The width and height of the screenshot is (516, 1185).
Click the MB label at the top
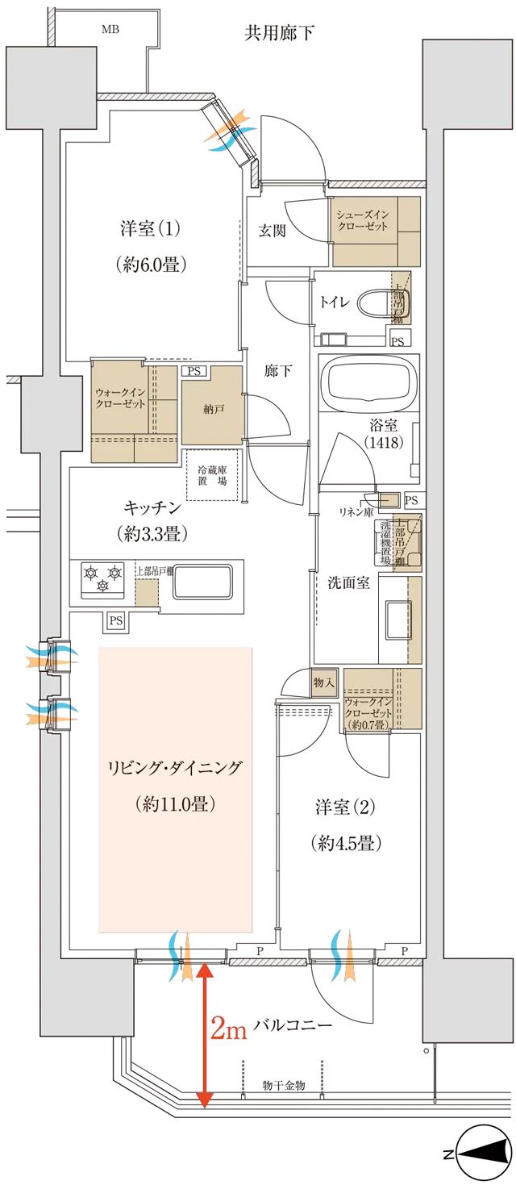(108, 30)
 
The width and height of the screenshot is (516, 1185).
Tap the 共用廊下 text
(279, 33)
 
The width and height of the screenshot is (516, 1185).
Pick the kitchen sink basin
(202, 580)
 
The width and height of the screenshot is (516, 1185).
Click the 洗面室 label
(348, 583)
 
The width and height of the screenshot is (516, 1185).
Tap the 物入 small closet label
(323, 682)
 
